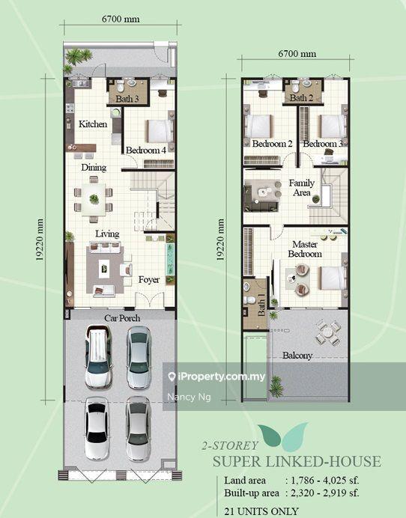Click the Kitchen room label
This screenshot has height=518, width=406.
point(93,124)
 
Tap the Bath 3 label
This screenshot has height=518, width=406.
point(127,99)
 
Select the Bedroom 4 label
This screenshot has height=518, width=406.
point(146,150)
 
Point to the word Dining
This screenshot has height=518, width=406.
point(94,168)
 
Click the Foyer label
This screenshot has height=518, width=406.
point(149,280)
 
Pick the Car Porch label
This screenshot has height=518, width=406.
point(122,318)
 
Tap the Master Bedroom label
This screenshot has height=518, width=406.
point(305,249)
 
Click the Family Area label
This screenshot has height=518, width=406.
point(302,188)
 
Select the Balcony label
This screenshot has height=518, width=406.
point(297,356)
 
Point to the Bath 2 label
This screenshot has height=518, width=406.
point(301,98)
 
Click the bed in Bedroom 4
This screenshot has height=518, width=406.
point(160,131)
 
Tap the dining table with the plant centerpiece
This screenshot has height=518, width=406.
point(94,199)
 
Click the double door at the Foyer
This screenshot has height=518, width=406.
point(150,300)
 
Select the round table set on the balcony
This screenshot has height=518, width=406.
point(327,332)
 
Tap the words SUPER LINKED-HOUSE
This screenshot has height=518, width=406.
point(297,462)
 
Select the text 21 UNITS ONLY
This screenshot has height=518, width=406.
point(261,511)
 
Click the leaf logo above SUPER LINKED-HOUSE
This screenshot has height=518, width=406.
point(282,436)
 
